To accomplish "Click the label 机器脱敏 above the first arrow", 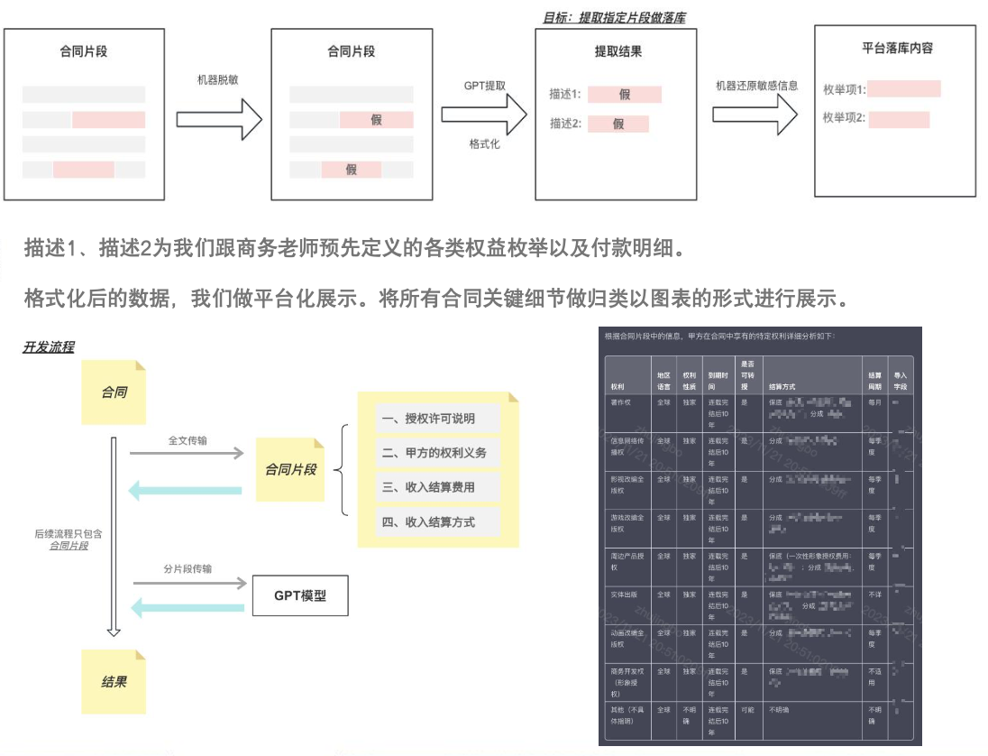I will tap(217, 80).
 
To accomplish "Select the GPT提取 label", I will tap(484, 86).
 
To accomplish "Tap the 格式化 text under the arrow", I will tap(484, 143).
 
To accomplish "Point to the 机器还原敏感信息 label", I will tap(756, 86).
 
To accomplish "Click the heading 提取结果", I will tap(617, 51).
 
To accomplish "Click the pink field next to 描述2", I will tap(618, 124).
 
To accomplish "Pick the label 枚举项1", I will tap(844, 89).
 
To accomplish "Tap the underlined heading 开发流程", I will tap(49, 346).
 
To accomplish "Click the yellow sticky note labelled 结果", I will tap(114, 681).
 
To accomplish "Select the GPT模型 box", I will tap(299, 596).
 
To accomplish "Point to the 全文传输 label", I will tap(188, 440).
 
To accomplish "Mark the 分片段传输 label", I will tap(188, 569).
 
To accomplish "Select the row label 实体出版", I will tap(624, 595).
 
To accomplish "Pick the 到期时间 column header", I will tap(718, 379).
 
